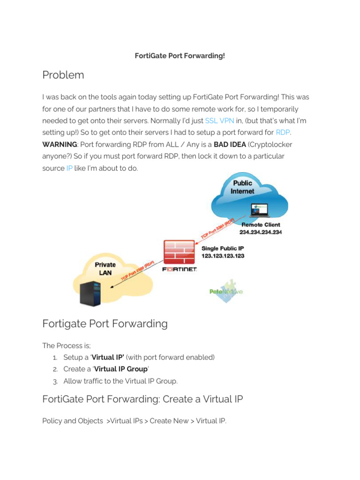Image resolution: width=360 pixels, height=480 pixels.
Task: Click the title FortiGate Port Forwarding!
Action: click(180, 56)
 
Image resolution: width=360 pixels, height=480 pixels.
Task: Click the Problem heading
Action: click(63, 75)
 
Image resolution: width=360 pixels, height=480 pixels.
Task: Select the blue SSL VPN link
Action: click(219, 120)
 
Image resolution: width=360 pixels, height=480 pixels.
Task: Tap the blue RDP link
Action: click(283, 133)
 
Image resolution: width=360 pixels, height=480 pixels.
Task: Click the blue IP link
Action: click(69, 168)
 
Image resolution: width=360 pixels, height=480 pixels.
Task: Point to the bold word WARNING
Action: click(59, 144)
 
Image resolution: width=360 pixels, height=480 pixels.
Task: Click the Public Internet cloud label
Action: click(242, 187)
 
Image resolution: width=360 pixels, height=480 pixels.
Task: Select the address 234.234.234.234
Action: click(261, 232)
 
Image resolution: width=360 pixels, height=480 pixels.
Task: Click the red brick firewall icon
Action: click(179, 252)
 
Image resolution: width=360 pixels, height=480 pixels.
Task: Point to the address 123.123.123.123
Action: click(223, 256)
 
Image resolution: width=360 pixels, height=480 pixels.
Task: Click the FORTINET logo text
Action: click(179, 270)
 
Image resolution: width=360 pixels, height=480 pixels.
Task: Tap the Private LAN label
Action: click(105, 268)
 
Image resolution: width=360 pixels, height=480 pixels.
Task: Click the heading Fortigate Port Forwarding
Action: click(105, 323)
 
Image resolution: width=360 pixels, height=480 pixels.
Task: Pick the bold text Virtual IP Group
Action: click(121, 369)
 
